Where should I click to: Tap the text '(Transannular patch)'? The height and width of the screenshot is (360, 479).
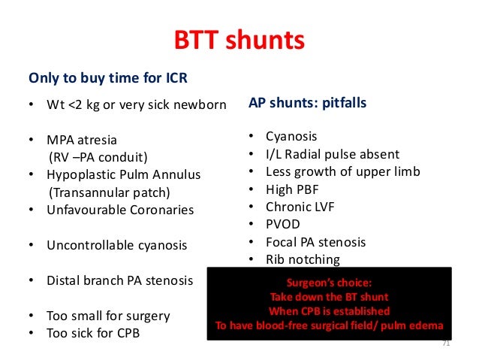click(105, 192)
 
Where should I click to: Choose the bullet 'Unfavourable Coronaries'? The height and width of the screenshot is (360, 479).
click(119, 210)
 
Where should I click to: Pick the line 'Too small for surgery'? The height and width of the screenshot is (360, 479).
click(108, 316)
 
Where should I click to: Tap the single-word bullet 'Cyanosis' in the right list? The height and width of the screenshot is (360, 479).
click(291, 136)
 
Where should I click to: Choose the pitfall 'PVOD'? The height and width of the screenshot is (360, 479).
click(284, 224)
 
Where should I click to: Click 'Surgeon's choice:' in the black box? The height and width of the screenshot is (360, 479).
click(329, 283)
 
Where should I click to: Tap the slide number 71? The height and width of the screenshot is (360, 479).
click(446, 343)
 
